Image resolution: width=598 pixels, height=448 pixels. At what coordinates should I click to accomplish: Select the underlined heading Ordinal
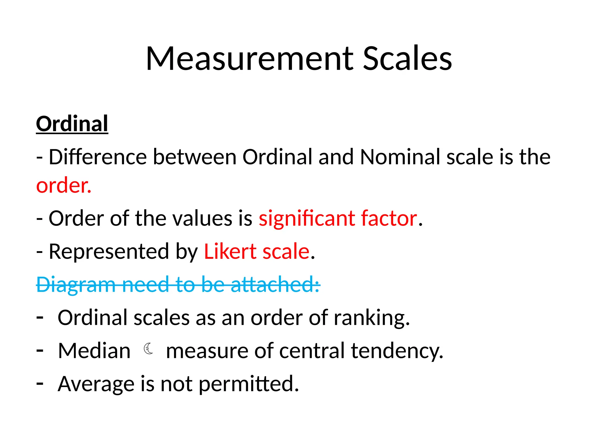pyautogui.click(x=72, y=124)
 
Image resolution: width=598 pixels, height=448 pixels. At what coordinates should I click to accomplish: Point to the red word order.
pyautogui.click(x=64, y=185)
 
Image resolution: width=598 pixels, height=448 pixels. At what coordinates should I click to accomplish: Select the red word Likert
pyautogui.click(x=230, y=251)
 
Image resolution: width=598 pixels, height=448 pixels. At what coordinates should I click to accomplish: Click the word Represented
pyautogui.click(x=109, y=251)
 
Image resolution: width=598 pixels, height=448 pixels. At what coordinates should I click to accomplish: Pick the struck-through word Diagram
pyautogui.click(x=76, y=284)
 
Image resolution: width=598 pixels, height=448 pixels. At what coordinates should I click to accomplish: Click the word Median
pyautogui.click(x=94, y=351)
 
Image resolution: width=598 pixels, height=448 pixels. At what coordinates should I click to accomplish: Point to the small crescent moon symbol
pyautogui.click(x=148, y=349)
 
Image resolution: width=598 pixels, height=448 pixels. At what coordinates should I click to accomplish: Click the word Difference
pyautogui.click(x=98, y=157)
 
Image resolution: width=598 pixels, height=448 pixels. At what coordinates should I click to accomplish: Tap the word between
pyautogui.click(x=195, y=157)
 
